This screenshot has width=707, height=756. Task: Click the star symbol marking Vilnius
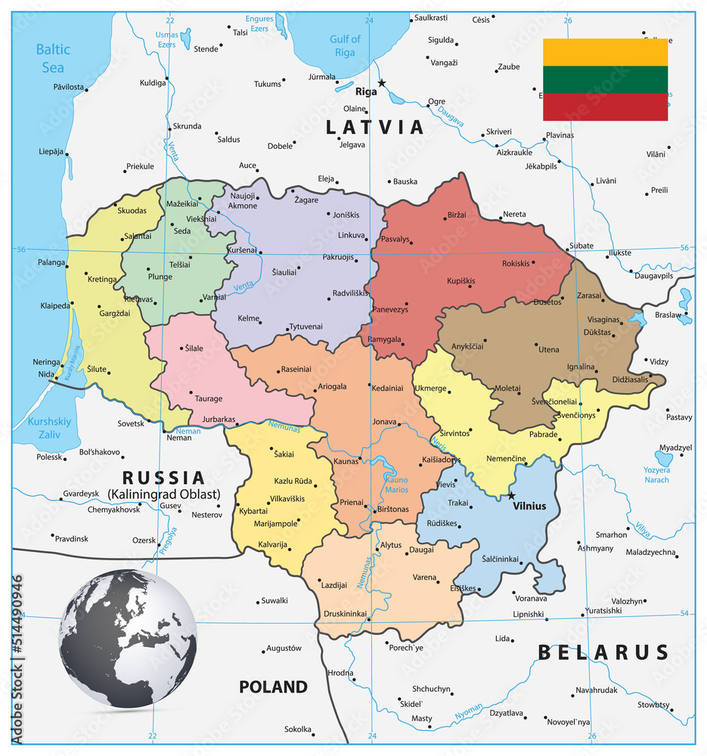click(x=512, y=496)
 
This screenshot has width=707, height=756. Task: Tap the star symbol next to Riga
click(x=382, y=83)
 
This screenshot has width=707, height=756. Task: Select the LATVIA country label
click(x=375, y=127)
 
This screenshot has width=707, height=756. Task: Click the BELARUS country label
click(x=603, y=652)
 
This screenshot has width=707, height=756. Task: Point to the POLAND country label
click(x=274, y=686)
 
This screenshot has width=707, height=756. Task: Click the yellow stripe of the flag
click(x=605, y=52)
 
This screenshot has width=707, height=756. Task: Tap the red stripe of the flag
click(x=605, y=107)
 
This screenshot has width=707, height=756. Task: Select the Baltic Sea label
click(x=53, y=57)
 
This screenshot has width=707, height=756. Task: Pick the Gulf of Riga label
click(x=345, y=45)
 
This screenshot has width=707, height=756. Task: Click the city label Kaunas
click(x=345, y=460)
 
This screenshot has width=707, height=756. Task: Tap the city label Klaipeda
click(x=55, y=306)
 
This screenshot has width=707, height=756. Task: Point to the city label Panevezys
click(x=391, y=310)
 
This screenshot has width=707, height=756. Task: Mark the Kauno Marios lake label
click(x=397, y=484)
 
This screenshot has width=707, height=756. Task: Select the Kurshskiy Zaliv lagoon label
click(x=49, y=429)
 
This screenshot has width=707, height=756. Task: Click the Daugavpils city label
click(x=653, y=276)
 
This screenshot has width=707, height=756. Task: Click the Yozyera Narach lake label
click(x=656, y=475)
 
